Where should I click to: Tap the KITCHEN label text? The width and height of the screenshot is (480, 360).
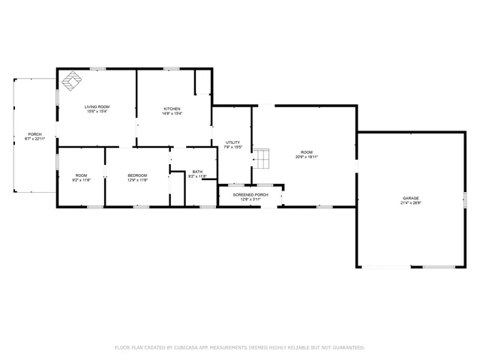172,108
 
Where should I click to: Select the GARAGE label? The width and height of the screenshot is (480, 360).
410,198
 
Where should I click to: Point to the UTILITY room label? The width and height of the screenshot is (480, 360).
232,142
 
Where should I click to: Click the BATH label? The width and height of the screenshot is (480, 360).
197,172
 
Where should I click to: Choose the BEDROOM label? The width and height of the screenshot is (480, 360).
137,175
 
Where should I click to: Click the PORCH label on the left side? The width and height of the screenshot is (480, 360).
34,134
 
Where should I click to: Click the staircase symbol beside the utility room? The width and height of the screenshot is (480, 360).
260,158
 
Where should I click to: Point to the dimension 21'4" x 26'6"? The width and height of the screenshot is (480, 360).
410,202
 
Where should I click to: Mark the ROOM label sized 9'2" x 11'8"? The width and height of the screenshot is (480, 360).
81,175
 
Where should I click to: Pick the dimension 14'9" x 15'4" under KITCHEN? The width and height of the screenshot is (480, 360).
172,112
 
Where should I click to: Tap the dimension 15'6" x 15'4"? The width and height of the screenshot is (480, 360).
96,112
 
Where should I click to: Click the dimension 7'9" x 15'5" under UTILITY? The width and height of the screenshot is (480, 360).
232,147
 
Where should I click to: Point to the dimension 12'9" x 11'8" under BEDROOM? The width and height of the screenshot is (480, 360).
137,180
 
